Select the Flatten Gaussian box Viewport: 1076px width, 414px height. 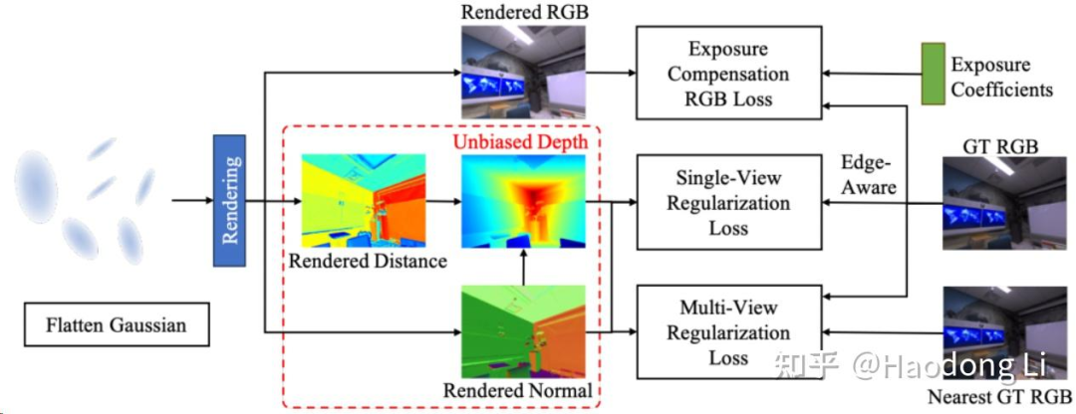(x=117, y=325)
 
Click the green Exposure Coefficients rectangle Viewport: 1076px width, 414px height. (x=933, y=75)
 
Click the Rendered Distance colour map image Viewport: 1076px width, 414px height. (x=364, y=201)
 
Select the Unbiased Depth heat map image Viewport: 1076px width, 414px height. (x=522, y=201)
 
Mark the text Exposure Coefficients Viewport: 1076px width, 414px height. (x=1001, y=78)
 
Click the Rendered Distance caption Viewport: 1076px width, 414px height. (x=368, y=262)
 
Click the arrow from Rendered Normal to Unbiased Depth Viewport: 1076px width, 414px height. (x=522, y=267)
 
